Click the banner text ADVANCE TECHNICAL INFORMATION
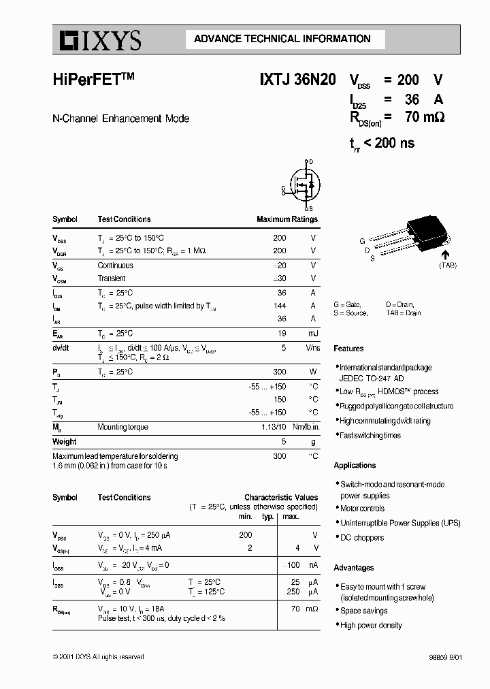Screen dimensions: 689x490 [282, 39]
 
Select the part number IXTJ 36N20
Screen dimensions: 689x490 [297, 79]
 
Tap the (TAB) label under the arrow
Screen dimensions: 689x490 [448, 265]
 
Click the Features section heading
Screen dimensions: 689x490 [348, 349]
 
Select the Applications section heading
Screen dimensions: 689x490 [355, 466]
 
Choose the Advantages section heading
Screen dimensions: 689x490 [353, 568]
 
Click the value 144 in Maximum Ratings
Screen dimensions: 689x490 [279, 306]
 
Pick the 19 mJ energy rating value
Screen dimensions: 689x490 [282, 334]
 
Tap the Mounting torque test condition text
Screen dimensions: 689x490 [122, 428]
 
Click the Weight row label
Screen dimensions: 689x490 [64, 442]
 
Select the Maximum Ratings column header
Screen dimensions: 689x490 [287, 219]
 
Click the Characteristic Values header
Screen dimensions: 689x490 [281, 498]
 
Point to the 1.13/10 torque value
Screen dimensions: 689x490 [274, 428]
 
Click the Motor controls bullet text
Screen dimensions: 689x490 [362, 509]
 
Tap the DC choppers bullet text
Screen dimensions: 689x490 [362, 538]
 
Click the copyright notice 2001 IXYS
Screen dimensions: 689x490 [98, 656]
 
